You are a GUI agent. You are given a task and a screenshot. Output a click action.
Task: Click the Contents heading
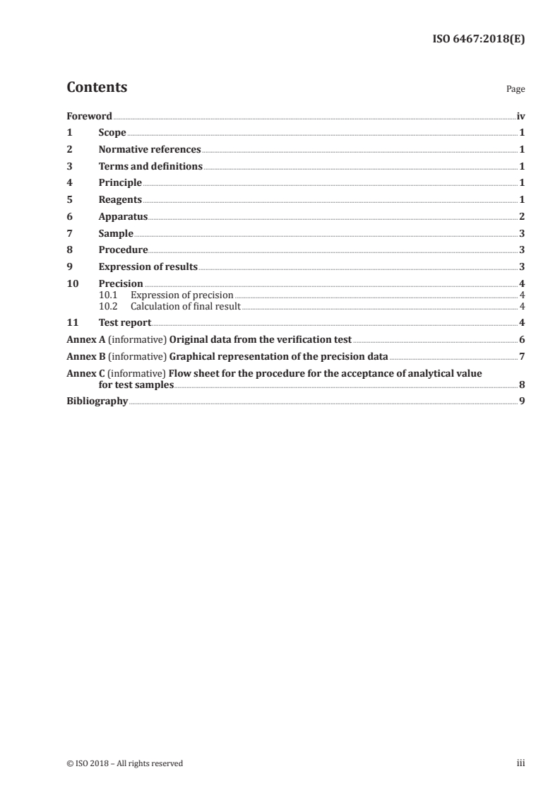tap(97, 88)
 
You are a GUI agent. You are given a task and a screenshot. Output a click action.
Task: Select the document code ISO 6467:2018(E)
tap(478, 40)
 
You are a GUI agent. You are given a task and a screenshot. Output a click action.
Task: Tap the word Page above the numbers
tap(516, 90)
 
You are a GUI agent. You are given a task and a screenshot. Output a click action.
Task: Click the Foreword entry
tap(89, 115)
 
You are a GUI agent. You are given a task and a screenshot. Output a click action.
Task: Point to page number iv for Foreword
tap(520, 115)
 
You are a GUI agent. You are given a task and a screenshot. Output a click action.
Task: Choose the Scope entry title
tap(112, 132)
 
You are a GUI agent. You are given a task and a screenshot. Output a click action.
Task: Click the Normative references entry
tap(150, 149)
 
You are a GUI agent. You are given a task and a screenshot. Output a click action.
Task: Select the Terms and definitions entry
tap(150, 166)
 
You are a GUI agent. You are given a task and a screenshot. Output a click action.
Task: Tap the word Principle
tap(120, 183)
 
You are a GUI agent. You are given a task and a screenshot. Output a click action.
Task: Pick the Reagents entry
tap(120, 199)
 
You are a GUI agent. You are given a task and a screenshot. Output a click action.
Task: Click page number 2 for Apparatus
tap(521, 216)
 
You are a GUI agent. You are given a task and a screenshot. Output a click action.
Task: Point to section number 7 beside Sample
tap(69, 233)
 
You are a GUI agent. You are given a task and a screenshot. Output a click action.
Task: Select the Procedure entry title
tap(123, 249)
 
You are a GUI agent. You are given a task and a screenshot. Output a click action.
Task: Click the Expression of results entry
tap(148, 266)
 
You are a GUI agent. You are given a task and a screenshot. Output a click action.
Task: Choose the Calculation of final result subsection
tap(186, 306)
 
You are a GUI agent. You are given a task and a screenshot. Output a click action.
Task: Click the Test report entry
tap(125, 322)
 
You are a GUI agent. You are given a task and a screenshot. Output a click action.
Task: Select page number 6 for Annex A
tap(521, 339)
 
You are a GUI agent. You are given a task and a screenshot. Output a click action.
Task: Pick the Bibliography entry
tap(97, 401)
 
